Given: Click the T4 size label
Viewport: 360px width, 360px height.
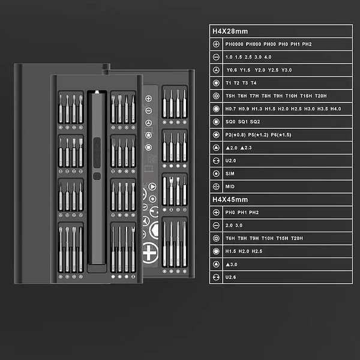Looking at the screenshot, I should [x=253, y=83].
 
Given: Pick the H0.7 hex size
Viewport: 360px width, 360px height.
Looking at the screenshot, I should [x=230, y=109].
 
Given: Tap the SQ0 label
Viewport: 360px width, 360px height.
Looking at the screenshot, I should [x=230, y=122].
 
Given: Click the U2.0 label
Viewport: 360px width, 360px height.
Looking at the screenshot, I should [x=231, y=161].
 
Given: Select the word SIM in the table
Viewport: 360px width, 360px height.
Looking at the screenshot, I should [x=229, y=173].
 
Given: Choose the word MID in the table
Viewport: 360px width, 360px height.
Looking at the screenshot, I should [x=229, y=187].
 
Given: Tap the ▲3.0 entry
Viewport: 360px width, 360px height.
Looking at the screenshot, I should [x=232, y=264].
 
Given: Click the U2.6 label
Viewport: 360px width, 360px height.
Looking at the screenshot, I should [x=231, y=277].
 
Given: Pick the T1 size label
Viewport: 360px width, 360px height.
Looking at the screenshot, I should [x=228, y=83].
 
